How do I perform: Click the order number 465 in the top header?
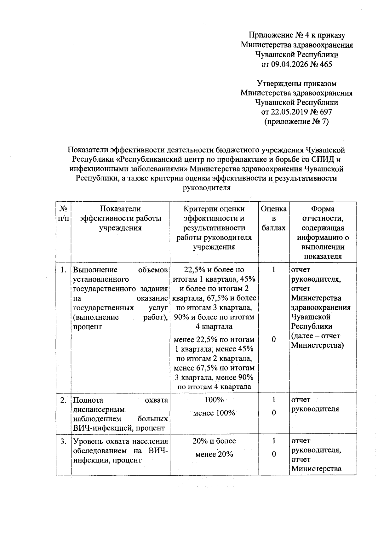point(326,64)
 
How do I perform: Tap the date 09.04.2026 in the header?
point(290,64)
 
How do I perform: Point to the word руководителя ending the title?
point(207,188)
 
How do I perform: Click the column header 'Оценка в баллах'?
point(274,218)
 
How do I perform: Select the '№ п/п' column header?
point(64,214)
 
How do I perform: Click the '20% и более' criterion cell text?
point(214,441)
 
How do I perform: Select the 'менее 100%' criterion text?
point(214,413)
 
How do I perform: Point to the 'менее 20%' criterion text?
point(214,454)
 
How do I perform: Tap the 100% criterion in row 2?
point(214,400)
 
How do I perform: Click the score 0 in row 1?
point(274,340)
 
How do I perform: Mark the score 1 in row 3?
point(274,441)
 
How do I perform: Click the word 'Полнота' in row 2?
point(88,400)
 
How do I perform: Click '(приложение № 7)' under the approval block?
point(296,122)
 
